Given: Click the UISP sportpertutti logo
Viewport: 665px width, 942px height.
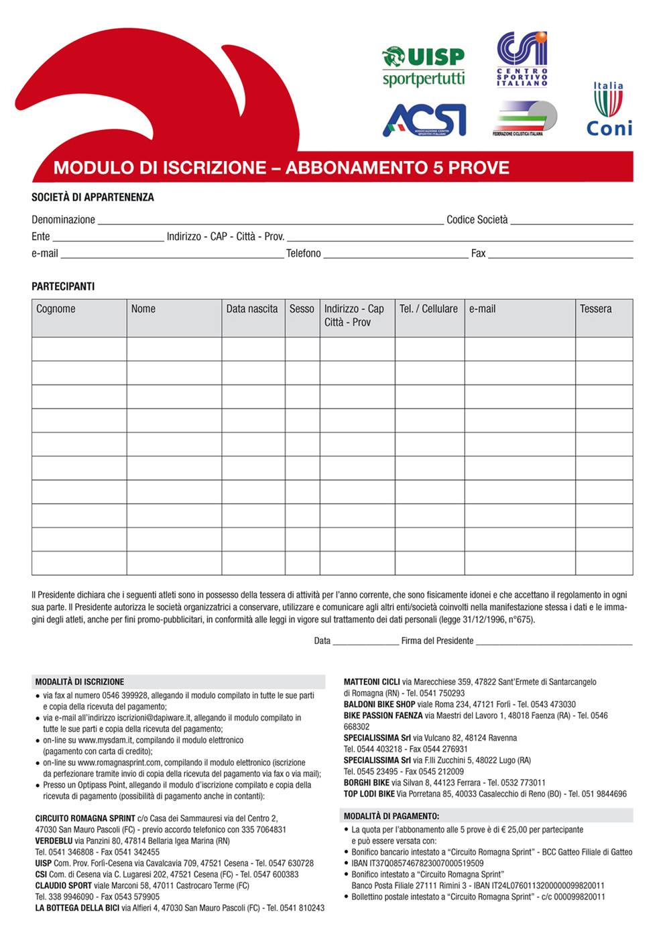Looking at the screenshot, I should click(424, 66).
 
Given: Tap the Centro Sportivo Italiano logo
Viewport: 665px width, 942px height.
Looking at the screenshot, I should click(522, 59).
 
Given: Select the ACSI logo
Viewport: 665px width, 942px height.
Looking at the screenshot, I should click(424, 120).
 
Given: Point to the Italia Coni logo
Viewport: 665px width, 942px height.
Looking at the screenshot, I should click(609, 109).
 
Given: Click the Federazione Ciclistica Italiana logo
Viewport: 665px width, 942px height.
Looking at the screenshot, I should click(524, 119).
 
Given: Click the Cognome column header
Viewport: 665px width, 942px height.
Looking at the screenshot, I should click(56, 309).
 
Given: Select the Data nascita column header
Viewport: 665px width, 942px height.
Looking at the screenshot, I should click(252, 309).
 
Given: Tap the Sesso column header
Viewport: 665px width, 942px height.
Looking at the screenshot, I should click(302, 309).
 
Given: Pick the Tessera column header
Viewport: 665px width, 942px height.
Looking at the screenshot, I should click(595, 309).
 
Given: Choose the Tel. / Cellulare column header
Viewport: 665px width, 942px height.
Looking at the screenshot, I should click(428, 309).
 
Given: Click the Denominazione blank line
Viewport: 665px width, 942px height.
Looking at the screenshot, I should click(270, 222).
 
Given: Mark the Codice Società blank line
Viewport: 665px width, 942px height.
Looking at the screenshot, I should click(571, 222).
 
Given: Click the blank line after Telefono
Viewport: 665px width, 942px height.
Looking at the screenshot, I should click(396, 256).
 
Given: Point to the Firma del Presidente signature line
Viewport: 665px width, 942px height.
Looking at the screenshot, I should click(554, 643).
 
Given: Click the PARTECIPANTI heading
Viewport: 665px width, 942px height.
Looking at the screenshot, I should click(63, 286).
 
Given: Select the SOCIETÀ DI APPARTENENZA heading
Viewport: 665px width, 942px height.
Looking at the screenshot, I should click(93, 197).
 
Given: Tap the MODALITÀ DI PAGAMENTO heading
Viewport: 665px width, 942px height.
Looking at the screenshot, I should click(391, 817).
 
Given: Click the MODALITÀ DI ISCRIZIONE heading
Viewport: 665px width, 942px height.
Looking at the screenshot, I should click(80, 682).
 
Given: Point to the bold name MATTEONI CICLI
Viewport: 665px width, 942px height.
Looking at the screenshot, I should click(371, 682).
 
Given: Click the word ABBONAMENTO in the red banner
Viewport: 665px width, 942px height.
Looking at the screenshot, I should click(357, 168).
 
